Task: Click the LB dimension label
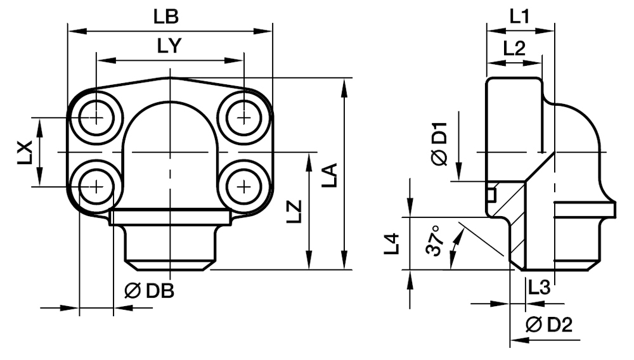click(169, 17)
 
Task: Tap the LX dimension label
click(24, 153)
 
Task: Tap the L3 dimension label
click(539, 288)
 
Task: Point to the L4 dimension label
click(393, 243)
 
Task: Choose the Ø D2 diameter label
click(550, 325)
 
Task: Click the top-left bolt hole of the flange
click(96, 117)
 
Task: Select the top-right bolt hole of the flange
click(244, 117)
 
